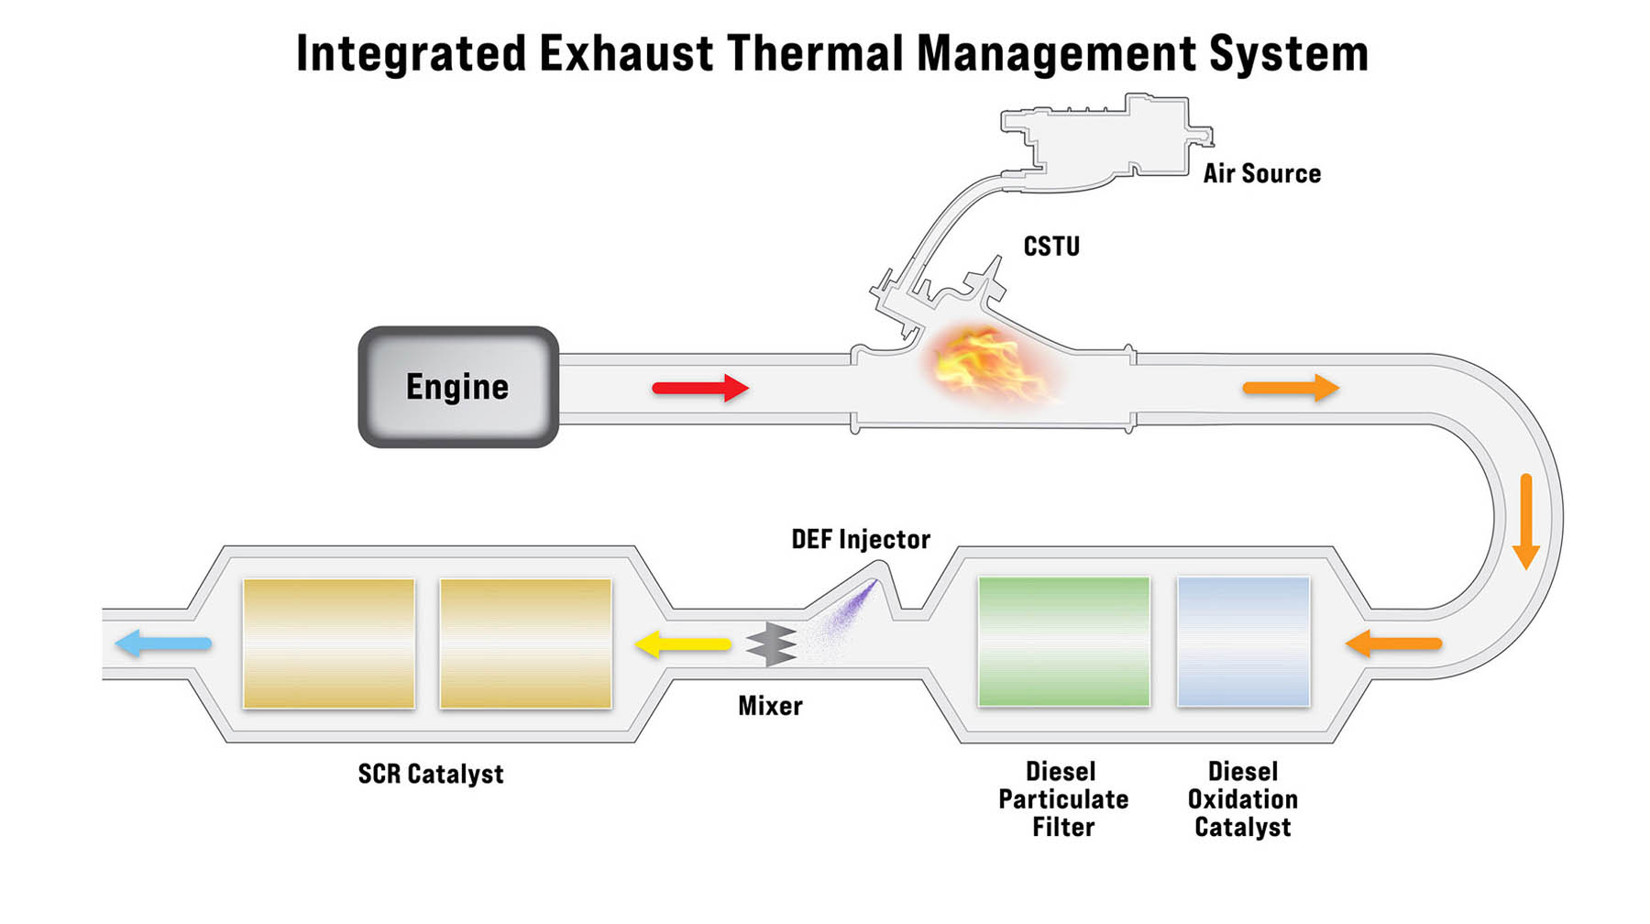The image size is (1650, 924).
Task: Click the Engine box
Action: pos(458,387)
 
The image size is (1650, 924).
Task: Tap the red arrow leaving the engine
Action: pos(700,388)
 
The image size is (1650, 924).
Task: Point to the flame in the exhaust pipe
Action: pos(985,365)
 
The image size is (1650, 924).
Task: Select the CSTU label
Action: pos(1051,247)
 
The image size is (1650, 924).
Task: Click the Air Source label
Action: pos(1261,174)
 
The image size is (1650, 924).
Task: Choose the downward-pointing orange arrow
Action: pos(1525,521)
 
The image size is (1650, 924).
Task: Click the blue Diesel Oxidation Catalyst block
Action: pos(1243,642)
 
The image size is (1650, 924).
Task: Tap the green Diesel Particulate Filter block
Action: pos(1063,642)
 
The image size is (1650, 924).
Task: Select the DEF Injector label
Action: pos(861,539)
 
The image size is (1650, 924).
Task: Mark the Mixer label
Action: pos(770,706)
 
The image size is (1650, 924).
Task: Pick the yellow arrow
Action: pos(683,643)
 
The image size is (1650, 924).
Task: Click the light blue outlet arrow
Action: pos(163,643)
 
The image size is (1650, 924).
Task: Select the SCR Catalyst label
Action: pos(431,774)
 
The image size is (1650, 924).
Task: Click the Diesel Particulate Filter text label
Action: pos(1063,799)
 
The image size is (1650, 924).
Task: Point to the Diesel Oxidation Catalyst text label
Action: pos(1243,799)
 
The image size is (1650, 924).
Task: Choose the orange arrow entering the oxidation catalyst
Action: pos(1393,643)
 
